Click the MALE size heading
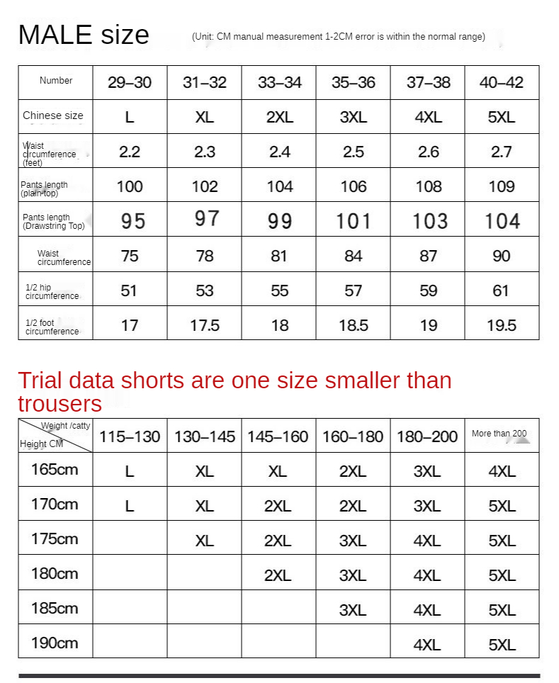click(84, 35)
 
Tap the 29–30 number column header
click(130, 82)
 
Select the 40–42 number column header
click(502, 82)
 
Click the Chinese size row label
click(53, 115)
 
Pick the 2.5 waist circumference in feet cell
click(354, 152)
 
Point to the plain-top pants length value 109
click(502, 186)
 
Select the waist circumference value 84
click(354, 256)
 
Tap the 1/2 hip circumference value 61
click(501, 290)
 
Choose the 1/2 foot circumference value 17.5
click(205, 325)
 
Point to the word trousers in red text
click(60, 404)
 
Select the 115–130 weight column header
click(130, 436)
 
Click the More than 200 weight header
click(499, 434)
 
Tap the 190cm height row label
click(55, 643)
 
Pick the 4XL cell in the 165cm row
click(502, 471)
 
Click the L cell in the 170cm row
click(129, 506)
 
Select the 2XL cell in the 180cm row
click(278, 575)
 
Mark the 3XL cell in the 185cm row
click(353, 610)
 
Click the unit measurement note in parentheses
click(339, 37)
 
